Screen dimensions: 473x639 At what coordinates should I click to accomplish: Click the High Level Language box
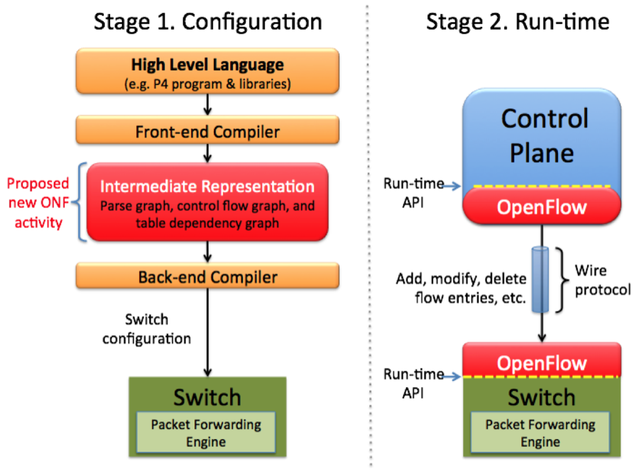pos(207,70)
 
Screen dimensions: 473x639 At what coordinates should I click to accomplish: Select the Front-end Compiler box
pos(207,132)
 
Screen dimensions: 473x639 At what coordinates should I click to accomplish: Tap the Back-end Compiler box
pos(207,277)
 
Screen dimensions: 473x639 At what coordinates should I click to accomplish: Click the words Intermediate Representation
pos(207,187)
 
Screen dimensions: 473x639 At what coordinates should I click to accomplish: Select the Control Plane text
pos(543,135)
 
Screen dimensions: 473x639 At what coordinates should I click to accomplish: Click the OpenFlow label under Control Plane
pos(542,208)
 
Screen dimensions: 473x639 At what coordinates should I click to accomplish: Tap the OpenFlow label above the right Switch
pos(542,364)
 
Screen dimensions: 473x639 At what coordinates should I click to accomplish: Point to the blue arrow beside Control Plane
pos(450,187)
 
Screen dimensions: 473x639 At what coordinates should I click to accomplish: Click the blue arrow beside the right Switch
pos(450,377)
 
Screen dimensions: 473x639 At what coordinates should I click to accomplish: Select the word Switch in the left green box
pos(207,396)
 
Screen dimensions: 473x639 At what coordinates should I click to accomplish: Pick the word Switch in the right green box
pos(541,397)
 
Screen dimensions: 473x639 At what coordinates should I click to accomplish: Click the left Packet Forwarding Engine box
pos(206,433)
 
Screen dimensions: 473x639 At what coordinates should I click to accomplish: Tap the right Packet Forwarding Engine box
pos(540,433)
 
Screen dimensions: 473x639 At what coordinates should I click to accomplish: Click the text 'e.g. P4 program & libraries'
pos(207,84)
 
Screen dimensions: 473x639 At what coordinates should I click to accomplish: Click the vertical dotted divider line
pos(368,234)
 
